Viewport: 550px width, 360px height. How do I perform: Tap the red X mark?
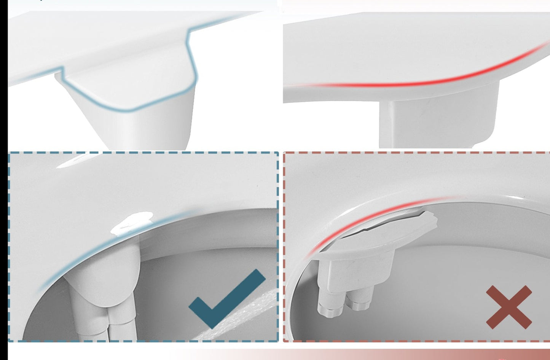click(509, 307)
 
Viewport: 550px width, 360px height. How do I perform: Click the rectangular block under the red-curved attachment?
click(438, 118)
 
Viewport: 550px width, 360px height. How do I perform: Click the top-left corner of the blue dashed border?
click(10, 153)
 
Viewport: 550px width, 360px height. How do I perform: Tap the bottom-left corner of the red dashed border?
click(285, 341)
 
